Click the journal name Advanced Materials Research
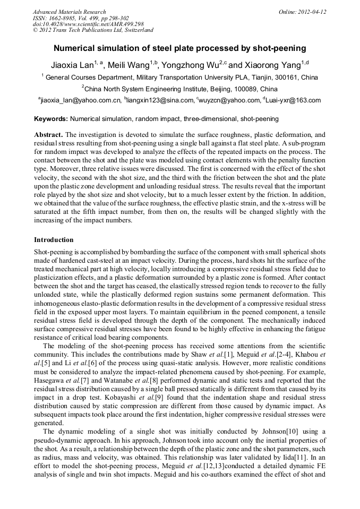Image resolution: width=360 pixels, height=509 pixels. click(69, 12)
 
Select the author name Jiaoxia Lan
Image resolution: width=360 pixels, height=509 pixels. click(72, 65)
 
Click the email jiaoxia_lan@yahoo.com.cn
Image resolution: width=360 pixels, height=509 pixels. click(80, 100)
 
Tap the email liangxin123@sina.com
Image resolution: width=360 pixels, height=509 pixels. click(160, 100)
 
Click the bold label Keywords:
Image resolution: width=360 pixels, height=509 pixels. click(51, 119)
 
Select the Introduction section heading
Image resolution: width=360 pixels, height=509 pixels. click(54, 240)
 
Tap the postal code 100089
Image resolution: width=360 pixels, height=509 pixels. click(248, 89)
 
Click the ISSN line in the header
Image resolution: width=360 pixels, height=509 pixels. click(81, 18)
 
